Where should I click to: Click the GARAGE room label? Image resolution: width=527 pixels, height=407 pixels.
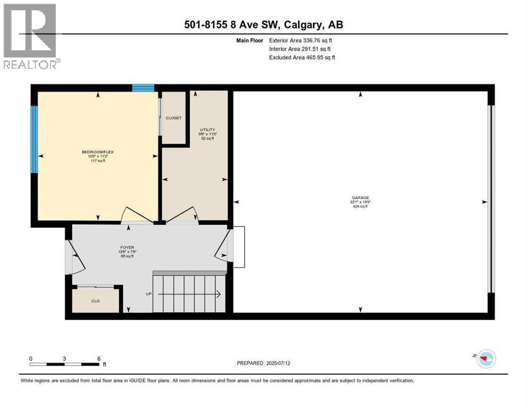click(x=359, y=198)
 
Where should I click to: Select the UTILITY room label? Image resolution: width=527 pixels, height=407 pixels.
click(x=207, y=130)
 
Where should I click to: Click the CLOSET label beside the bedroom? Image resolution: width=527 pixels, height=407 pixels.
click(x=173, y=118)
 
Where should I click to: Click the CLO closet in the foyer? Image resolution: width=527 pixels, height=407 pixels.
click(x=95, y=300)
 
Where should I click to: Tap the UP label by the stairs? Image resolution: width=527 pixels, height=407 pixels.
click(x=149, y=294)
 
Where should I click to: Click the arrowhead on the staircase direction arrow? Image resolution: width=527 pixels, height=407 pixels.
click(x=218, y=294)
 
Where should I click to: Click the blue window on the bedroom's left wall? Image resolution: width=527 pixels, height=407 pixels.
click(x=34, y=139)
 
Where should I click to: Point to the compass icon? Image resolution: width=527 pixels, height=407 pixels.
click(x=485, y=359)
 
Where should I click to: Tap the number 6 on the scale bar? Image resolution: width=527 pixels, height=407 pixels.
click(x=99, y=358)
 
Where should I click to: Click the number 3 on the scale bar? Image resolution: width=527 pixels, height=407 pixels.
click(x=64, y=358)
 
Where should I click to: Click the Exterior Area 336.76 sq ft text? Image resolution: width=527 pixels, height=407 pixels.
click(x=301, y=40)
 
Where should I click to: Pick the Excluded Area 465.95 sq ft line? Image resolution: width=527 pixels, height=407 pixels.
click(x=302, y=57)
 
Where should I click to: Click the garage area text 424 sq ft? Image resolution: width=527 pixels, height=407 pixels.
click(x=359, y=207)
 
